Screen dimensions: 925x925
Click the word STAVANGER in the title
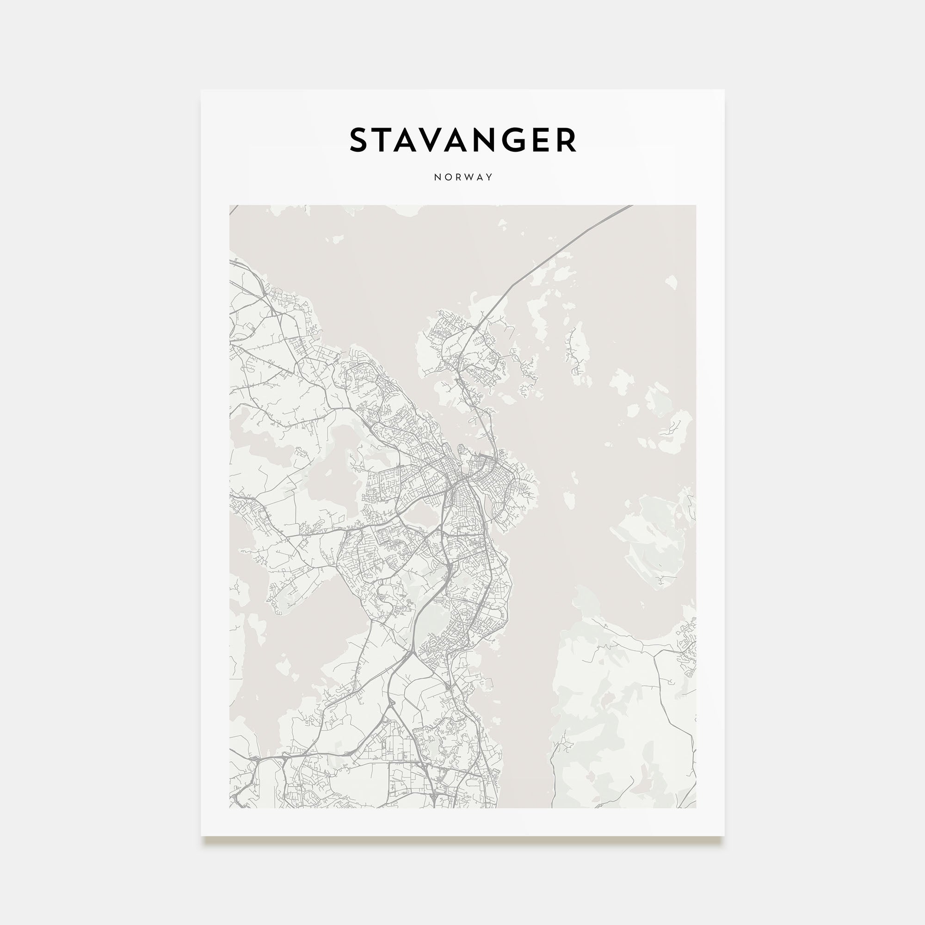[462, 140]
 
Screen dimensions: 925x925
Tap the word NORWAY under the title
[463, 177]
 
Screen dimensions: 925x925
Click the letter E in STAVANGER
[546, 140]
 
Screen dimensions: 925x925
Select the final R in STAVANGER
[567, 140]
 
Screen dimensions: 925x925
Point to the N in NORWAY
[437, 177]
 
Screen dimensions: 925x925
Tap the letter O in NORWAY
[448, 177]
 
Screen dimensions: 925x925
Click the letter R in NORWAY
[458, 177]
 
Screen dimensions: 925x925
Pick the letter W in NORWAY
[469, 177]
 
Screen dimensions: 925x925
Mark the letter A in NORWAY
[480, 177]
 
